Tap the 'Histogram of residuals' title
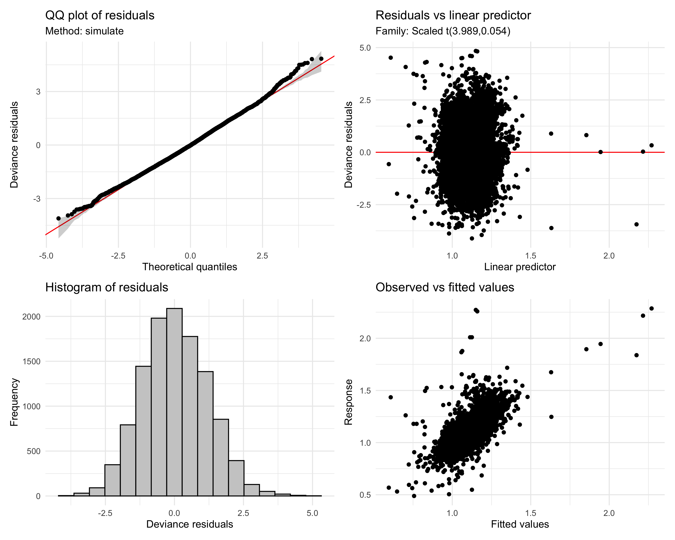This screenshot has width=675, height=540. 106,287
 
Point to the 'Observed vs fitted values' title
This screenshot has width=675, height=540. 445,287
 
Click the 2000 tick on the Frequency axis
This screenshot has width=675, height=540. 31,317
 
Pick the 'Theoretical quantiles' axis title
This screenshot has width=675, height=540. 189,267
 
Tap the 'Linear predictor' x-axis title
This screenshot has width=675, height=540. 520,267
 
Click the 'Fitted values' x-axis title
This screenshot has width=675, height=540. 520,524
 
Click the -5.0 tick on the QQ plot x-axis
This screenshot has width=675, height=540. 46,256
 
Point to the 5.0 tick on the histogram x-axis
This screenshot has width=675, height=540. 312,513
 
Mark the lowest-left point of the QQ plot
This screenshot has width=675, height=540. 58,218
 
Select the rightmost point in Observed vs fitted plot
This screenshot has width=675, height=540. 652,308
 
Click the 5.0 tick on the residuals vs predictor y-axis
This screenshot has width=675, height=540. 365,48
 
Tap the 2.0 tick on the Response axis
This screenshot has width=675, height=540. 365,338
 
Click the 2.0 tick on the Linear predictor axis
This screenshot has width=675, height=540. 609,256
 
